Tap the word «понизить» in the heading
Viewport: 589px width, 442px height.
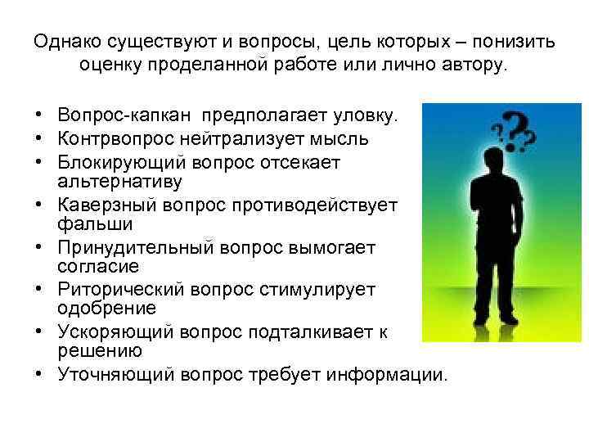[x=515, y=41]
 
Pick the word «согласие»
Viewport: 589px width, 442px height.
[x=87, y=267]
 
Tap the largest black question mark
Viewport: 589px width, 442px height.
[x=515, y=131]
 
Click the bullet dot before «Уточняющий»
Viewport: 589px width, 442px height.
[x=39, y=375]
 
